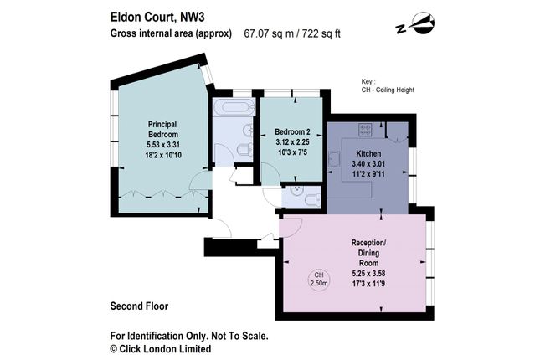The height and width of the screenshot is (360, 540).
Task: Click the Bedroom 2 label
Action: coord(293,131)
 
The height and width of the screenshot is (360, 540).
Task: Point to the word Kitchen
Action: coord(369,155)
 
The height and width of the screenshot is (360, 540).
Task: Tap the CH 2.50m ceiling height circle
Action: coord(318,279)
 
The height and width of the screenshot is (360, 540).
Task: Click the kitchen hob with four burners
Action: coord(365,129)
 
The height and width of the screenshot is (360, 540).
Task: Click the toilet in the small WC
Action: coord(308,198)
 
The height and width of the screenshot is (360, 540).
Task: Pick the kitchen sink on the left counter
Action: coord(333,159)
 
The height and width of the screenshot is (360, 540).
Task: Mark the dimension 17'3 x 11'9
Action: coord(368,285)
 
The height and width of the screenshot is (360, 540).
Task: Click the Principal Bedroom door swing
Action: coord(198,179)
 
